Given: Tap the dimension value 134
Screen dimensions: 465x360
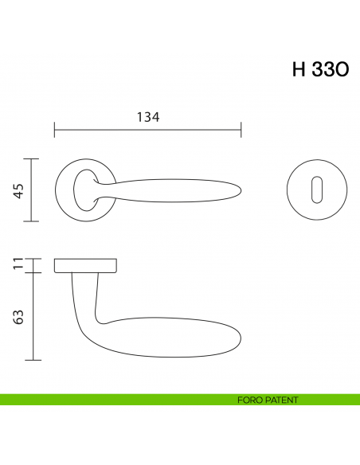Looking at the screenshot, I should coord(148,117).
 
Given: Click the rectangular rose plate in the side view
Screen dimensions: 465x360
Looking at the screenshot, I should coord(86,265).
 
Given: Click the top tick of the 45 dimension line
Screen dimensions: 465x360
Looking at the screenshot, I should coord(32,159).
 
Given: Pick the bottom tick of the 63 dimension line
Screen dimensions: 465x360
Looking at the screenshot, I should coord(32,361).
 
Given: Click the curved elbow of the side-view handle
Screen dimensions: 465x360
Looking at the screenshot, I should coord(92,330).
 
